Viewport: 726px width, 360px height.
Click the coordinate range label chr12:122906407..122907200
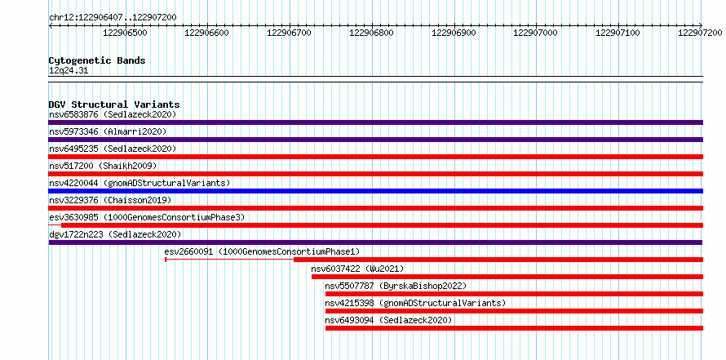113,17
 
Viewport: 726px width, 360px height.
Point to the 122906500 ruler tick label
125,33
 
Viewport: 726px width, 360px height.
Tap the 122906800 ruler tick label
371,33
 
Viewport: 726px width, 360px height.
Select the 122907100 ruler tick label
618,33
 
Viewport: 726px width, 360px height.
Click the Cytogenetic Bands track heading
97,60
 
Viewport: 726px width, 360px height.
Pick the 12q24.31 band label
69,71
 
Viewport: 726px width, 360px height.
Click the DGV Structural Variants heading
114,104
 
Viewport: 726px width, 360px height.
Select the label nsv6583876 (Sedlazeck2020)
113,114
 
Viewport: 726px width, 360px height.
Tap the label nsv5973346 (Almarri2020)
108,131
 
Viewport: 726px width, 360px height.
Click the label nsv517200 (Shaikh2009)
103,166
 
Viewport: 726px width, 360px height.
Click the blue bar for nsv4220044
375,191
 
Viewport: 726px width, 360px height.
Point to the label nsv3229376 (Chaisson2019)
110,200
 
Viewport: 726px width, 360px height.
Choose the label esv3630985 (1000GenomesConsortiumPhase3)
147,217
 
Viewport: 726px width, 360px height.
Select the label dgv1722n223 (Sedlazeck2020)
115,234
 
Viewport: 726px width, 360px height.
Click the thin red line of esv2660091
230,260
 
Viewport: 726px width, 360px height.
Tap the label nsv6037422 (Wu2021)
357,269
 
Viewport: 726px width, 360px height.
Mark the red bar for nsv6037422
507,277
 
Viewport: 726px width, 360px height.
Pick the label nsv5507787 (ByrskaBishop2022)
396,286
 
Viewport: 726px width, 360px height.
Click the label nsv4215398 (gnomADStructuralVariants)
415,303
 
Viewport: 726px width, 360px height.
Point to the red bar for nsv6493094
514,328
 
